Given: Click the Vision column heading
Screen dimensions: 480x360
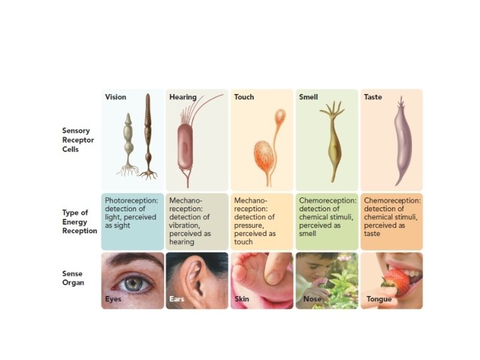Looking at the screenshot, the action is pyautogui.click(x=115, y=97).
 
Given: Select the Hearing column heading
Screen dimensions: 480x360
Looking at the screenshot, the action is pyautogui.click(x=183, y=97).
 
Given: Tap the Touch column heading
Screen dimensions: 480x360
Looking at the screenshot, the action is pyautogui.click(x=244, y=97).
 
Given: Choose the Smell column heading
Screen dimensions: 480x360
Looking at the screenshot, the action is pyautogui.click(x=309, y=97).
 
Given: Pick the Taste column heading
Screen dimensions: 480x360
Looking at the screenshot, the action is pyautogui.click(x=373, y=97).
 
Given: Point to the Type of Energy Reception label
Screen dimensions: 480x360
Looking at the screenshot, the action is pyautogui.click(x=79, y=222).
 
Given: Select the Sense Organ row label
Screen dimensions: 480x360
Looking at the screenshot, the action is pyautogui.click(x=73, y=278).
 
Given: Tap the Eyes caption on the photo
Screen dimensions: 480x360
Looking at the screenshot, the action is pyautogui.click(x=113, y=299).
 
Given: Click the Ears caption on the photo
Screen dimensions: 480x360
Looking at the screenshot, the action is pyautogui.click(x=177, y=299).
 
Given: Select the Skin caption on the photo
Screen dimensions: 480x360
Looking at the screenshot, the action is pyautogui.click(x=241, y=299).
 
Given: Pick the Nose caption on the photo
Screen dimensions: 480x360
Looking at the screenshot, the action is pyautogui.click(x=312, y=299).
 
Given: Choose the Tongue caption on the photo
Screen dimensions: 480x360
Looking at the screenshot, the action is pyautogui.click(x=379, y=299).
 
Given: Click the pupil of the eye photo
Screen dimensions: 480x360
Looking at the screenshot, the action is pyautogui.click(x=134, y=283).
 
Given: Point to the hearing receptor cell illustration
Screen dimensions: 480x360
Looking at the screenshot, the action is pyautogui.click(x=186, y=143).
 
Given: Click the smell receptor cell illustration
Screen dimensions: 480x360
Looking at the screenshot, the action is pyautogui.click(x=331, y=143).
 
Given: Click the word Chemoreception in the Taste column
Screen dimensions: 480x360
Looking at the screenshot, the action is pyautogui.click(x=392, y=200).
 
